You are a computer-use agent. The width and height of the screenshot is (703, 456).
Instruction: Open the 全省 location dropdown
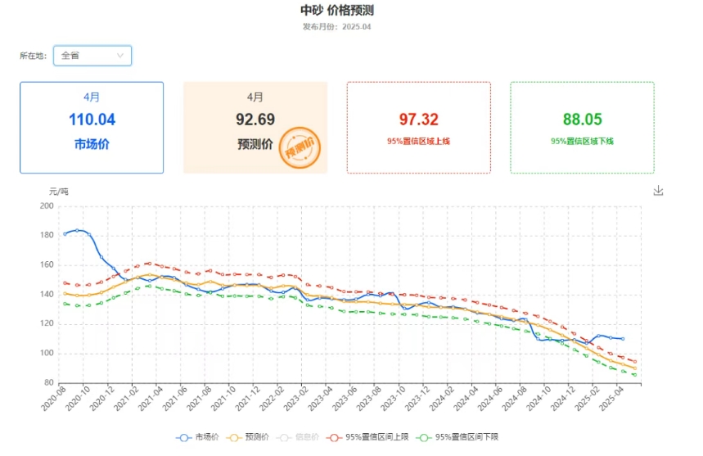click(x=92, y=56)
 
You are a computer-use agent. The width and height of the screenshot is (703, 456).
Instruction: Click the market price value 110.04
click(x=92, y=120)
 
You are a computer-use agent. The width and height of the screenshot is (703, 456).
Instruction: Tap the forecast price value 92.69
click(x=255, y=120)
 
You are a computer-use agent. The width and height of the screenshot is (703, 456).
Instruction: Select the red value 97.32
click(x=418, y=120)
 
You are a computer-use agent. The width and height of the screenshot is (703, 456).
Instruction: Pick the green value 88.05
click(x=582, y=120)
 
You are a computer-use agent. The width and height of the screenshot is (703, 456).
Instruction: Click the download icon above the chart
click(x=658, y=191)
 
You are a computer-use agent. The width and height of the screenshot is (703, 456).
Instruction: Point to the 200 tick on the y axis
click(x=47, y=206)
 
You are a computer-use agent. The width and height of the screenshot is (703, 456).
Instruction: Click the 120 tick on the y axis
click(x=47, y=324)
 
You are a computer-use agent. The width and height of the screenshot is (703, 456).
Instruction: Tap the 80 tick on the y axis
click(x=48, y=383)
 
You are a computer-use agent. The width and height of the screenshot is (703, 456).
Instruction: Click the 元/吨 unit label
click(x=59, y=191)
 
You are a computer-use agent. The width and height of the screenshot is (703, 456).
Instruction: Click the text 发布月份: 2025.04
click(x=337, y=26)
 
